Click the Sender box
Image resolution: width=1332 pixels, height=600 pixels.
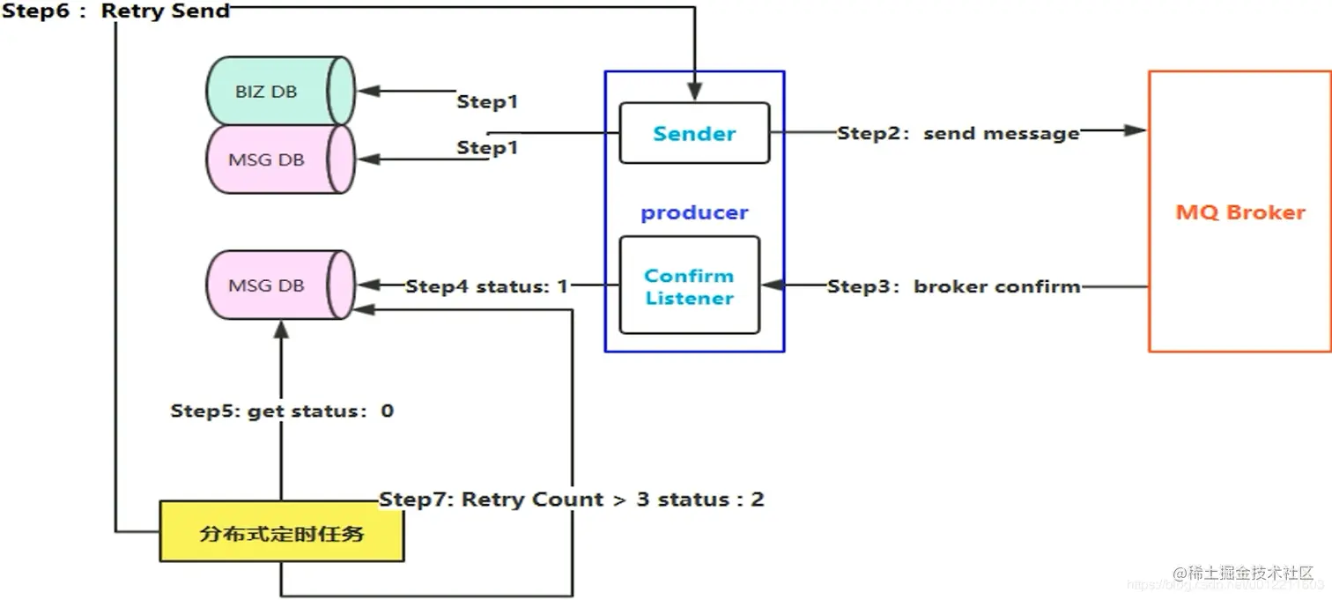(x=694, y=133)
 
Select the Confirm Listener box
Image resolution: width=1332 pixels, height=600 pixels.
(x=689, y=285)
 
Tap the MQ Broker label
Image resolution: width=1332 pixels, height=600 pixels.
(x=1239, y=211)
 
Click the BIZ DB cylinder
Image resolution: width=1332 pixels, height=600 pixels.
(x=280, y=92)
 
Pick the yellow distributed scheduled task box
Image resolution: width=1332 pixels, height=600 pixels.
(x=281, y=531)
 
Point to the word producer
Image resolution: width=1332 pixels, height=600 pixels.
(x=694, y=212)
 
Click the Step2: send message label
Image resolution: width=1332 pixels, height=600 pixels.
(x=958, y=133)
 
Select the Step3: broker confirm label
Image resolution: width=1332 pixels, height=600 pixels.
(x=953, y=286)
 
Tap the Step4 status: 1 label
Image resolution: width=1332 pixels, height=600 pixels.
(x=486, y=286)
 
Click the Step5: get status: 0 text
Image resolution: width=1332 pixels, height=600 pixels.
(x=282, y=411)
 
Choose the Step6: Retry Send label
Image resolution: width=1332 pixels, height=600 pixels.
(x=116, y=11)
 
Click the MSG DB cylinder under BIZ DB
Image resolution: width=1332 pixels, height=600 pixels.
(x=280, y=159)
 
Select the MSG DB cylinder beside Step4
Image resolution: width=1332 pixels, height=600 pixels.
(x=280, y=285)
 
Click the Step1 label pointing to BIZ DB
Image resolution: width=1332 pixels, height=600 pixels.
(x=487, y=101)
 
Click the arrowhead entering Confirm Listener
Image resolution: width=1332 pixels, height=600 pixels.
(x=771, y=285)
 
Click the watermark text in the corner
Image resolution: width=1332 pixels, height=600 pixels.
(x=1242, y=574)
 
